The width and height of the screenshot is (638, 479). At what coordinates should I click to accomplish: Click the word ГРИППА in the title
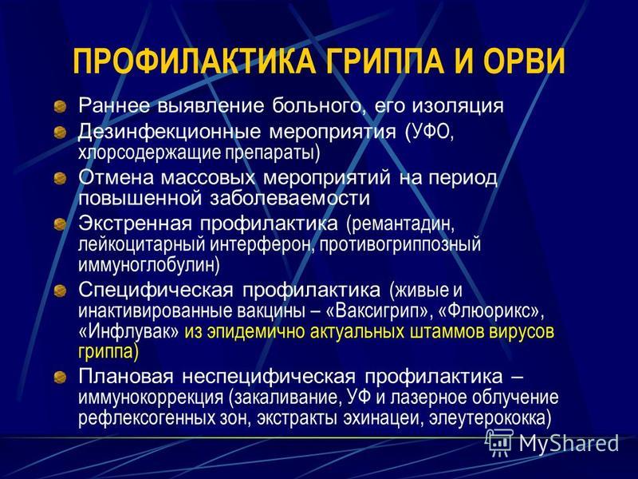coord(384,61)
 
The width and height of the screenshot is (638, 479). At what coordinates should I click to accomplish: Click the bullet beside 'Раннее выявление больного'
coord(61,107)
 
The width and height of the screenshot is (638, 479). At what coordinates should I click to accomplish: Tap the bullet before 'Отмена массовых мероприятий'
coord(61,178)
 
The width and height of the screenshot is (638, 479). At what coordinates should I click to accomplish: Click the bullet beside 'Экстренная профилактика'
coord(61,224)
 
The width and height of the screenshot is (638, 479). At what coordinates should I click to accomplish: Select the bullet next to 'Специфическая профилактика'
coord(61,291)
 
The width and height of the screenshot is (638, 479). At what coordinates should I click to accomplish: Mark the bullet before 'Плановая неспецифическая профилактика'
coord(61,377)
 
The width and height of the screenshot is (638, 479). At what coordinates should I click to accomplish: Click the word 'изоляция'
coord(458,106)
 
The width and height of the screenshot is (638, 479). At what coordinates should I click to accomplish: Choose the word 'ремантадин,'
coord(400,224)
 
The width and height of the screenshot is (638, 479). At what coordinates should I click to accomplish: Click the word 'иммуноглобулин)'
coord(149,266)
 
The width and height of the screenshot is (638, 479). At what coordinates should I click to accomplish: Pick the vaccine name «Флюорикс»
coord(490,312)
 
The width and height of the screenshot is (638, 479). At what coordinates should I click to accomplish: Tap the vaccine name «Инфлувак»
coord(128,332)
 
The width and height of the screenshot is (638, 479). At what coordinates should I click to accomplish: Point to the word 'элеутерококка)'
coord(489,418)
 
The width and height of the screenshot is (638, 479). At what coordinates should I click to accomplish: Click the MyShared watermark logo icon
coord(498,443)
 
